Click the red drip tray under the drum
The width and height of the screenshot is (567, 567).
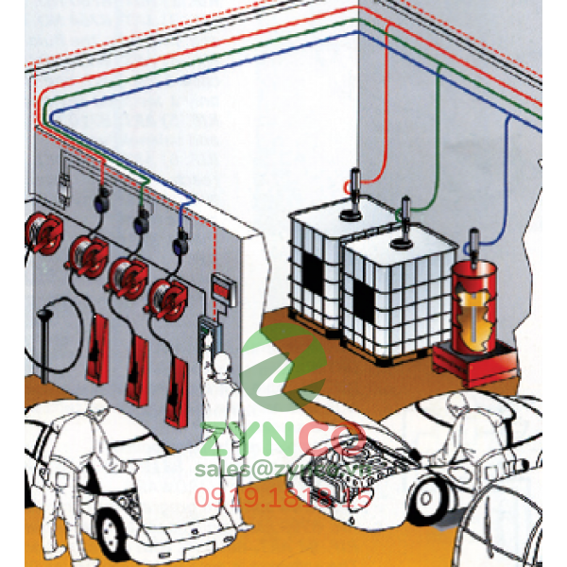pyautogui.click(x=472, y=360)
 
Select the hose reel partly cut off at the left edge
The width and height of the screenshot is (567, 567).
pyautogui.click(x=41, y=230)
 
